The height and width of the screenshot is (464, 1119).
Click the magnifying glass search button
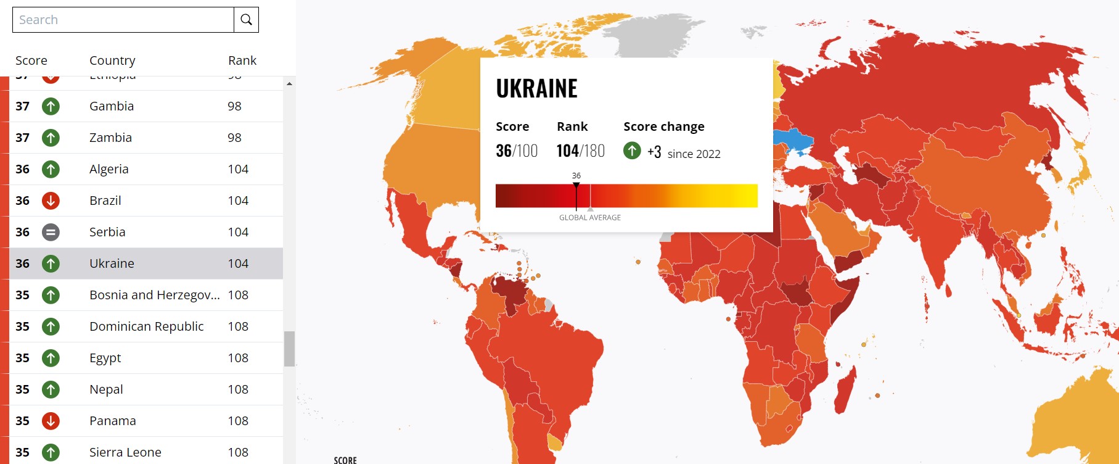coord(246,20)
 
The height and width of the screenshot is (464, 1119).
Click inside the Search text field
coord(123,20)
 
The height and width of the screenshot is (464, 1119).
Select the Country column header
coord(112,60)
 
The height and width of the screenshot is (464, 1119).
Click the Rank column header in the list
coord(242,60)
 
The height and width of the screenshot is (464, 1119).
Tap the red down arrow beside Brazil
coord(51,201)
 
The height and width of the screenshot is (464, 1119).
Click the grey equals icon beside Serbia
coord(51,232)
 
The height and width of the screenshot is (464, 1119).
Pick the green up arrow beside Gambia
coord(51,106)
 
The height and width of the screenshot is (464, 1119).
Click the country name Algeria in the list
coord(109,169)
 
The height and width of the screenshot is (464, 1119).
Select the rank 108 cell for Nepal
coord(238,389)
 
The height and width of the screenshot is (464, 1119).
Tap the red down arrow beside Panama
coord(51,421)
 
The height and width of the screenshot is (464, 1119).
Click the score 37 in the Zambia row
coord(23,138)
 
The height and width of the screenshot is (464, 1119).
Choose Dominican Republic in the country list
coord(146,326)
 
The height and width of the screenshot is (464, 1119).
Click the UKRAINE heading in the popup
coord(536,89)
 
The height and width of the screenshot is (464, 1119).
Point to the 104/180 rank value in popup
coord(580,151)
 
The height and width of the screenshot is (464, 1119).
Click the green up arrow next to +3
coord(632,151)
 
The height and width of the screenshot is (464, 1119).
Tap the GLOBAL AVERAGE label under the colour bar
coord(589,218)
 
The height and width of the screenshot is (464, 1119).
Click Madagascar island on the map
coord(845,389)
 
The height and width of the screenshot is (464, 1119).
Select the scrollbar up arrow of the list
coord(289,83)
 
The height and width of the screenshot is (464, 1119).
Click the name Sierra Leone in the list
coord(125,452)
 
